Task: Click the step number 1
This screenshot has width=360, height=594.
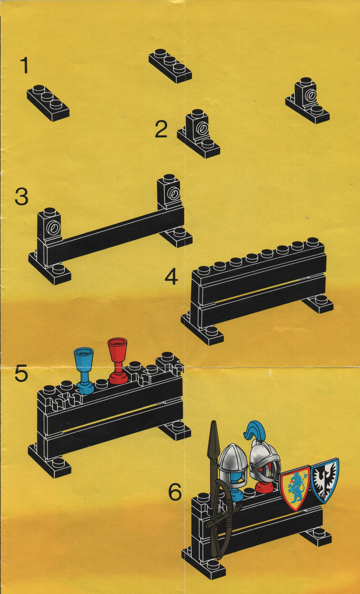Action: point(25,66)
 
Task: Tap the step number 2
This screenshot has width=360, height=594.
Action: point(161,129)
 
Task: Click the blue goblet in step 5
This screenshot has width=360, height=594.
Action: point(84,371)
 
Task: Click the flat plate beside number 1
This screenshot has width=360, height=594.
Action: point(48,103)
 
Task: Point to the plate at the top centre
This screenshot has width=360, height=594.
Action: point(170,65)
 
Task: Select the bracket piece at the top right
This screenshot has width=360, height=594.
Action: point(307,100)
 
